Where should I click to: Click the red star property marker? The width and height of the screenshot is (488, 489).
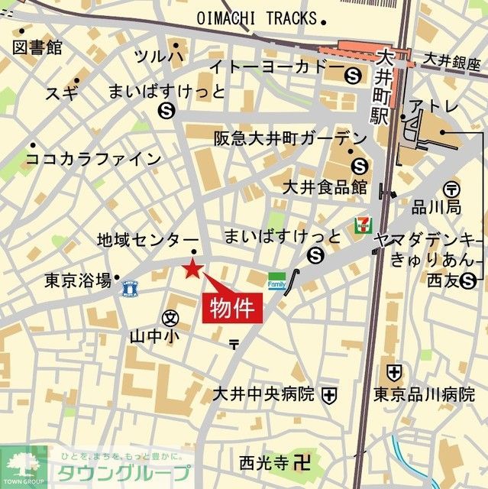192,268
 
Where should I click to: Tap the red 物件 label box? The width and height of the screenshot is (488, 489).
232,309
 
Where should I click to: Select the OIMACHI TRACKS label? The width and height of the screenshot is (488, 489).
256,18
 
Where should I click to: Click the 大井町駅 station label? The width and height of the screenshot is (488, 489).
380,85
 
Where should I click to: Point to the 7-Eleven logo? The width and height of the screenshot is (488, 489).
361,225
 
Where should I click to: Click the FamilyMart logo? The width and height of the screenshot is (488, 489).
276,283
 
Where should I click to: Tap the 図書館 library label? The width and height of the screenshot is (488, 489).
37,47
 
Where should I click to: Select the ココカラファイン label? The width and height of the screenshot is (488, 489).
94,159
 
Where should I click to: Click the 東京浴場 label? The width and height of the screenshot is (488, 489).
78,280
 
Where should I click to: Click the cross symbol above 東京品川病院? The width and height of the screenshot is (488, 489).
393,373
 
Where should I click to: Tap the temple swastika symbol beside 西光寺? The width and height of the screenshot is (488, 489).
303,461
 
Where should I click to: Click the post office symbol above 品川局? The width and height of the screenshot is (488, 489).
451,188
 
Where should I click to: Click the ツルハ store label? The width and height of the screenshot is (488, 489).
158,56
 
